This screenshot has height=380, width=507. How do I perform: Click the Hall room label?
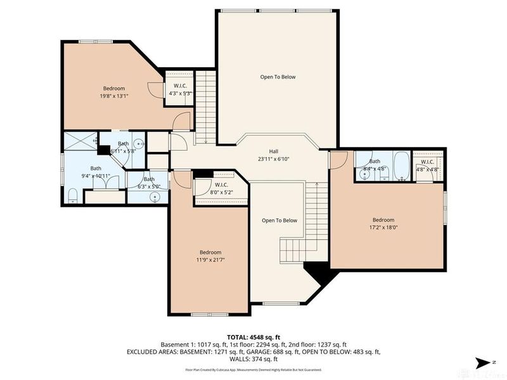(x=273, y=151)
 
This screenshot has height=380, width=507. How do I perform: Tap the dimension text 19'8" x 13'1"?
(x=114, y=96)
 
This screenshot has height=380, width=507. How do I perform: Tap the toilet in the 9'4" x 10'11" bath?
(x=72, y=193)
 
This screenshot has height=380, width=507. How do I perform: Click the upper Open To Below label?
(x=278, y=77)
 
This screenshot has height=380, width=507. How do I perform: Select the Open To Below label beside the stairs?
(x=279, y=220)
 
